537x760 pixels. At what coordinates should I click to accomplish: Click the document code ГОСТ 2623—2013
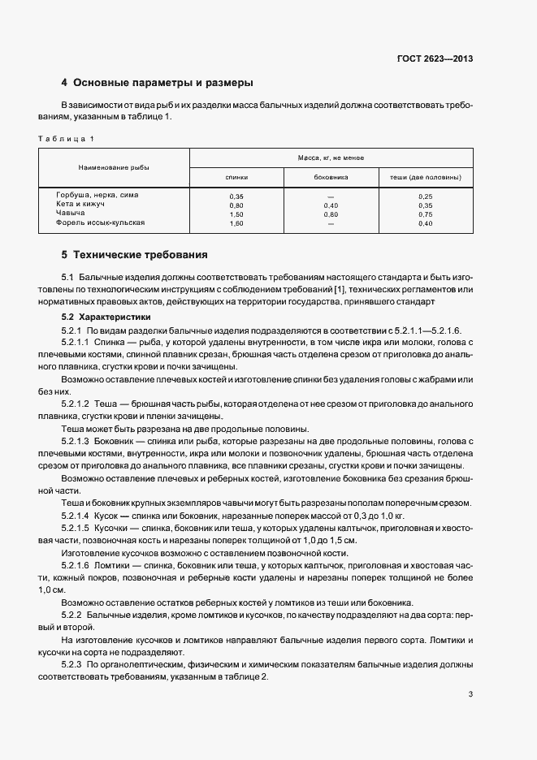[435, 58]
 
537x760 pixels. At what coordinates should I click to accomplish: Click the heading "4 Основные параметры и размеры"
[158, 83]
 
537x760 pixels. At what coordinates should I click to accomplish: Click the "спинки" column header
[236, 176]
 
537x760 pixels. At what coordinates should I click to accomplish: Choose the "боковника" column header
[331, 176]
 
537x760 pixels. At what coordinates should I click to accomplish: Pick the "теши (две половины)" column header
[426, 176]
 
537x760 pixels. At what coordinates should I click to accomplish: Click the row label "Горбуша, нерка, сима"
[92, 196]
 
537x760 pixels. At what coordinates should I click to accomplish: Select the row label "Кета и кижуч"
[76, 205]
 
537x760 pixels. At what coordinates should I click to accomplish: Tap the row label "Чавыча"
[70, 214]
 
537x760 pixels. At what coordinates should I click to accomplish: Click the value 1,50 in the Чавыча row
[236, 214]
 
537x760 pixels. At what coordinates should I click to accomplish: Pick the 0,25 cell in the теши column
[426, 196]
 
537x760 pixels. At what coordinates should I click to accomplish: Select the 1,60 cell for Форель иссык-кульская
[236, 223]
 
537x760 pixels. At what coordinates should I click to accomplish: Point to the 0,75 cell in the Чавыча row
[426, 214]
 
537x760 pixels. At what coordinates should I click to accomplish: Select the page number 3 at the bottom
[470, 694]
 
